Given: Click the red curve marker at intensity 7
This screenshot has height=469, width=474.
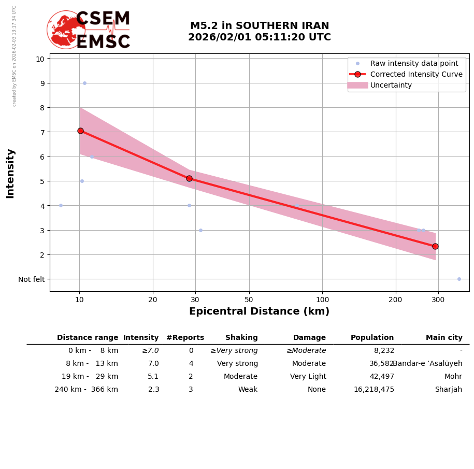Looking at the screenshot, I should pyautogui.click(x=80, y=131).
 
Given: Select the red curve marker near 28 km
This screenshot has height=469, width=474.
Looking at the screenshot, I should pyautogui.click(x=189, y=178).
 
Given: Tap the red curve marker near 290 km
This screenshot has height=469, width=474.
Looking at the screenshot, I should pyautogui.click(x=435, y=246).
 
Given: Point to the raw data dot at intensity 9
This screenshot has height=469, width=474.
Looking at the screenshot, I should pyautogui.click(x=84, y=83).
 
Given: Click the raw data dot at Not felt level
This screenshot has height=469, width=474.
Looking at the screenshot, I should pyautogui.click(x=459, y=279).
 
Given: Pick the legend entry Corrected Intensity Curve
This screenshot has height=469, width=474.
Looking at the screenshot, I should pyautogui.click(x=416, y=74).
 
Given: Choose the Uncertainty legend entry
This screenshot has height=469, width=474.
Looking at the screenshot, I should pyautogui.click(x=391, y=85).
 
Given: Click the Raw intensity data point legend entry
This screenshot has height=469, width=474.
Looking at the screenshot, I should pyautogui.click(x=414, y=63).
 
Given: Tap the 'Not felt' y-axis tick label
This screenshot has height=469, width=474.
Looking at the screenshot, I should pyautogui.click(x=32, y=279).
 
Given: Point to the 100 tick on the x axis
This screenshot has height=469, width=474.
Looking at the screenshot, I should pyautogui.click(x=322, y=300).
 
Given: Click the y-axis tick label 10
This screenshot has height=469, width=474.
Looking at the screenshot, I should pyautogui.click(x=40, y=59).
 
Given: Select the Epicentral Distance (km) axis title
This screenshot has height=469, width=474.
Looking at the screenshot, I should pyautogui.click(x=259, y=311).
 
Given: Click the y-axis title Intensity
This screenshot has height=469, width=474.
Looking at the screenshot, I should pyautogui.click(x=10, y=173).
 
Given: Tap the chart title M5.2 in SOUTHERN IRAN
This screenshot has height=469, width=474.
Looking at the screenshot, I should pyautogui.click(x=259, y=26).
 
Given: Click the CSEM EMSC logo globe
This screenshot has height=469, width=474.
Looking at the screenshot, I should pyautogui.click(x=65, y=30).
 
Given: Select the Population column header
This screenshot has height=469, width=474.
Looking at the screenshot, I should pyautogui.click(x=372, y=338).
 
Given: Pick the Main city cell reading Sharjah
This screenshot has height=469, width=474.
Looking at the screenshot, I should pyautogui.click(x=448, y=390).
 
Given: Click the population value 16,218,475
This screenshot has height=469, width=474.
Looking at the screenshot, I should pyautogui.click(x=374, y=390).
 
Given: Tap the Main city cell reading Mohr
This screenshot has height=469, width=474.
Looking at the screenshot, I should pyautogui.click(x=453, y=377).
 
